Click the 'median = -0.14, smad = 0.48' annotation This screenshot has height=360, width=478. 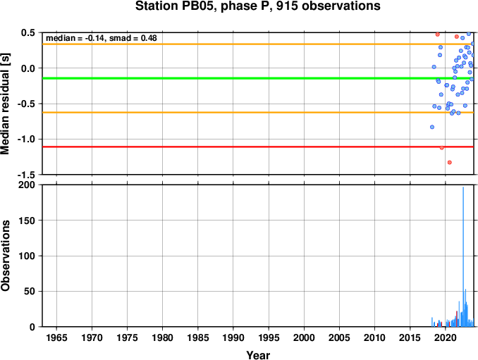[102, 38]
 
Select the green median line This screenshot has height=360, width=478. [258, 78]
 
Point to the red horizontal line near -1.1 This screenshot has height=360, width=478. [258, 147]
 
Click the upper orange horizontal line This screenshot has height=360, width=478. [258, 44]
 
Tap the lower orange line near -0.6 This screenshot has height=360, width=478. [258, 113]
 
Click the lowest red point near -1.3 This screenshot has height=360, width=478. [449, 162]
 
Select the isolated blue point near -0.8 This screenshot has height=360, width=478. [432, 127]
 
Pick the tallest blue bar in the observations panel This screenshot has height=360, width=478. [463, 256]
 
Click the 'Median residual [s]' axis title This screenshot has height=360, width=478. [5, 104]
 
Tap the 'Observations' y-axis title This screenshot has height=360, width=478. [5, 256]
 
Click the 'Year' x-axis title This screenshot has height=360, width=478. [258, 355]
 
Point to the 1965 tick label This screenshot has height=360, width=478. [56, 337]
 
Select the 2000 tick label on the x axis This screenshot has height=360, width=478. [304, 337]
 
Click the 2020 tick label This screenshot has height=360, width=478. [446, 337]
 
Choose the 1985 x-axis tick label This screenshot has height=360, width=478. [198, 337]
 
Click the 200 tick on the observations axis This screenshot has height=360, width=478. [27, 185]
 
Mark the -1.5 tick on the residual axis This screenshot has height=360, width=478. [26, 175]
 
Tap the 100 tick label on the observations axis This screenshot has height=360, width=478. [27, 256]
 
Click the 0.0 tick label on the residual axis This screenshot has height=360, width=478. [28, 68]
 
